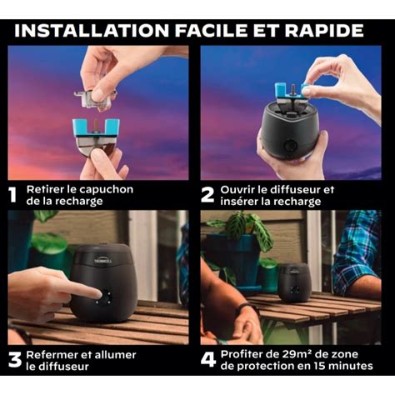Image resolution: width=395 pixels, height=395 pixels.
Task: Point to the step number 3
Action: (x=13, y=360)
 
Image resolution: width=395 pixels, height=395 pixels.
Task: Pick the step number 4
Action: (x=207, y=360)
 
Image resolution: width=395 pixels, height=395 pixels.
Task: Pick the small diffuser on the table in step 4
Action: (x=293, y=282)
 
